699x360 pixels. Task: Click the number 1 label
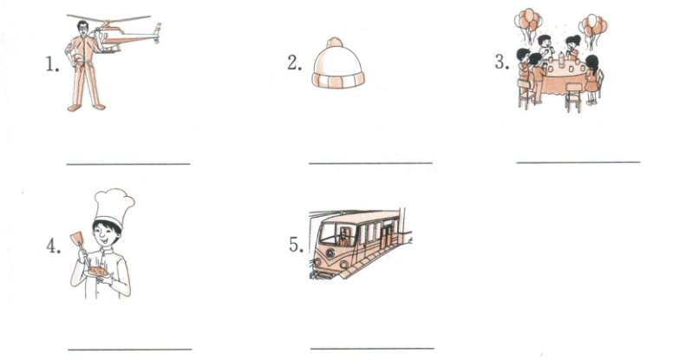(52, 65)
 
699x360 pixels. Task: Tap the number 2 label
(294, 63)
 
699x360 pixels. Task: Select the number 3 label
(501, 62)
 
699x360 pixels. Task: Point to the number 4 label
(54, 245)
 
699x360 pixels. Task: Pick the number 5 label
(296, 245)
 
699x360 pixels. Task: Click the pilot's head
(83, 28)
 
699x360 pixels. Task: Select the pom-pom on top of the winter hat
(335, 43)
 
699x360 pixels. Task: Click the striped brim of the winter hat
(338, 80)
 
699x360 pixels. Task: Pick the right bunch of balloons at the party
(592, 29)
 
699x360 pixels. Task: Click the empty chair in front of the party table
(573, 97)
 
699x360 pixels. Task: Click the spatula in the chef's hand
(77, 241)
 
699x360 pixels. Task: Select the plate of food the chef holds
(98, 272)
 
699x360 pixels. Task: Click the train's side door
(386, 234)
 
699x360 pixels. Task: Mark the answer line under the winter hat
(370, 163)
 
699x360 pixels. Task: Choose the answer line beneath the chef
(130, 349)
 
